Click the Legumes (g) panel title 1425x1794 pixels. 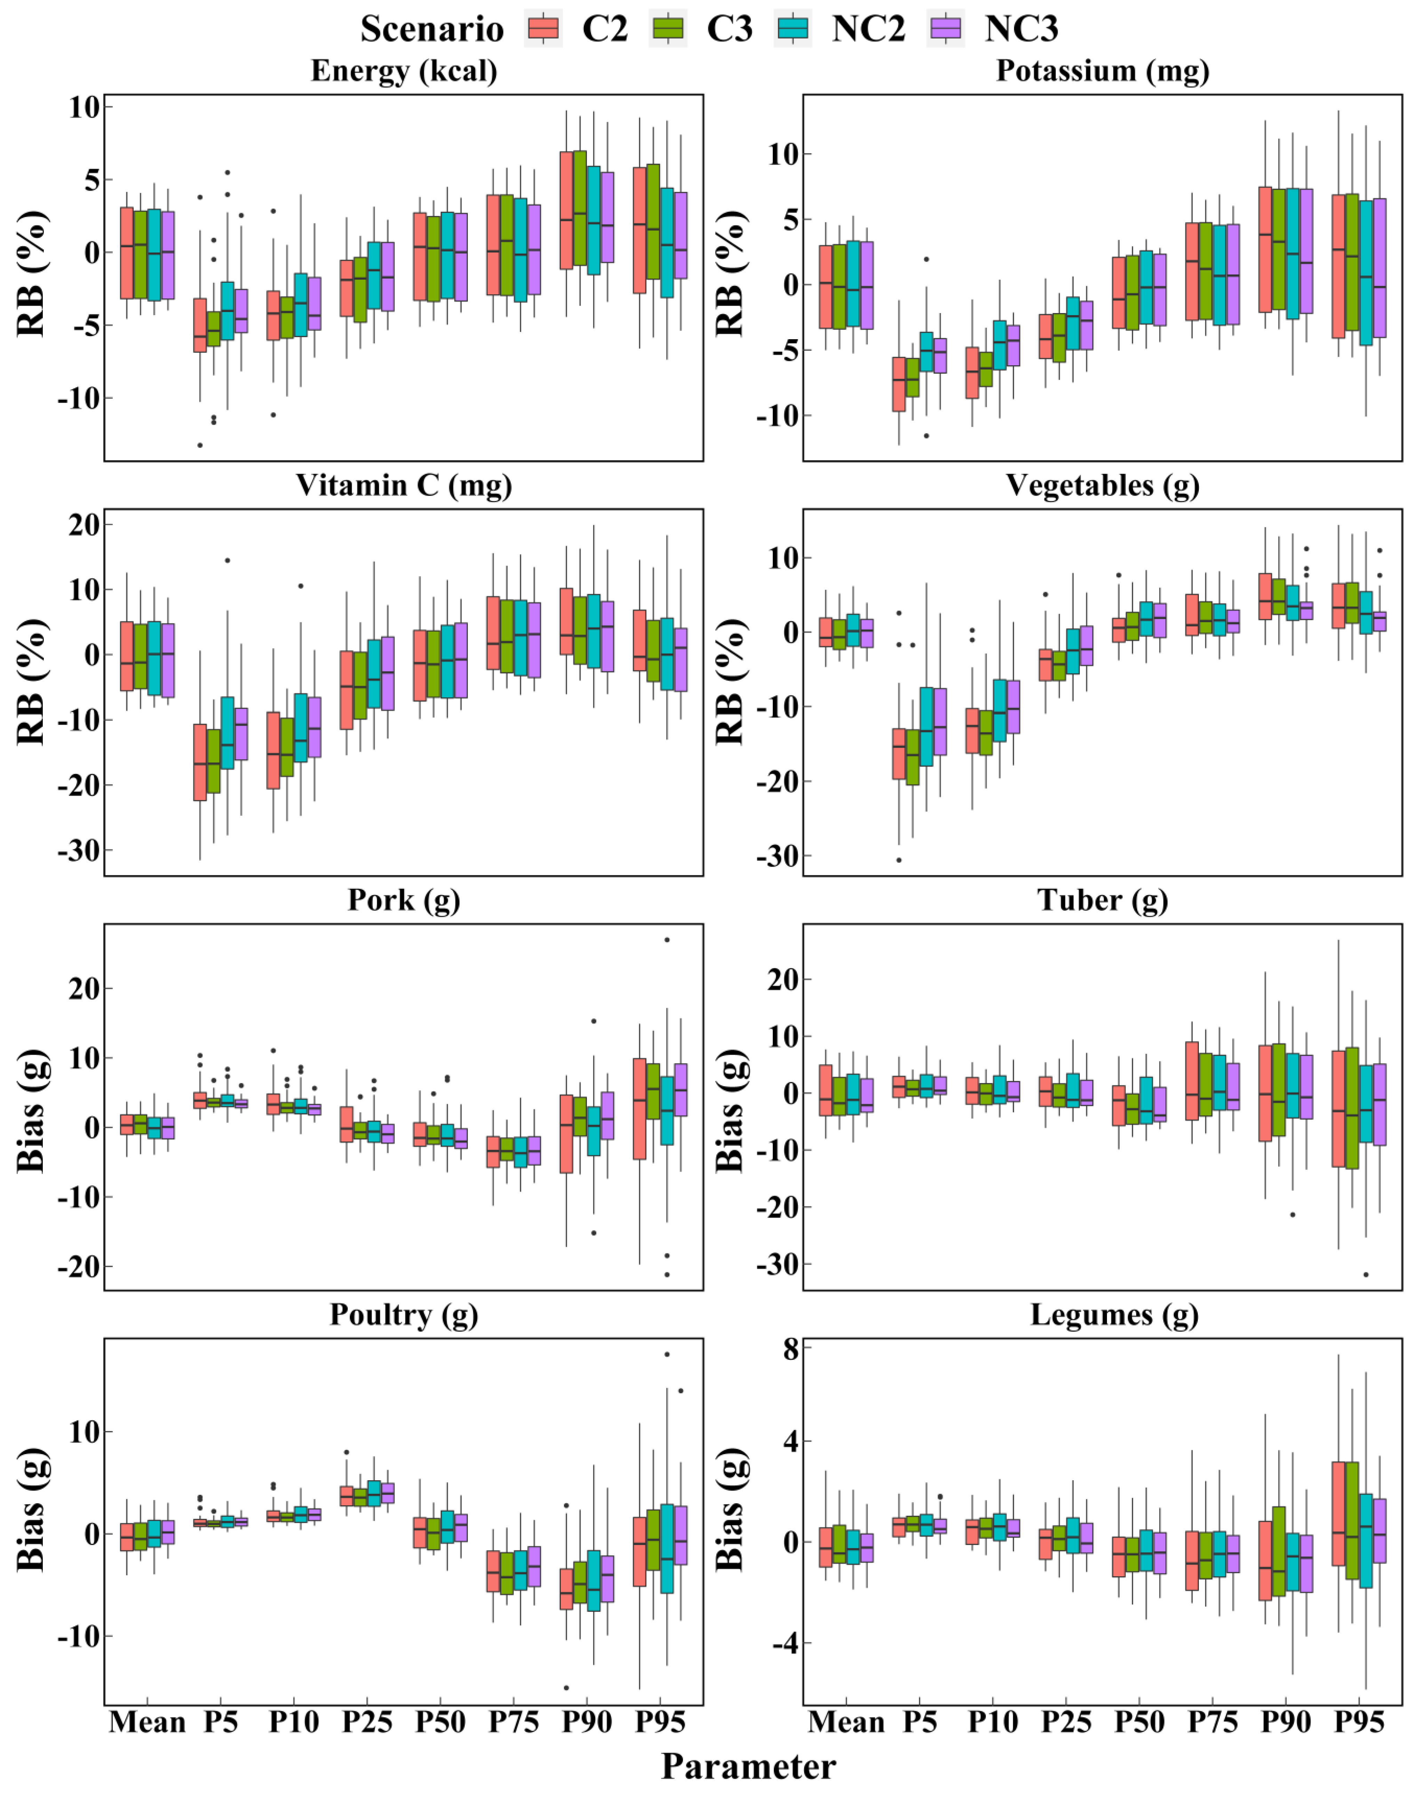pyautogui.click(x=1114, y=1315)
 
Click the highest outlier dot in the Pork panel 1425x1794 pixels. pyautogui.click(x=667, y=939)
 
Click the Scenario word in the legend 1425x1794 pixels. pyautogui.click(x=432, y=29)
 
